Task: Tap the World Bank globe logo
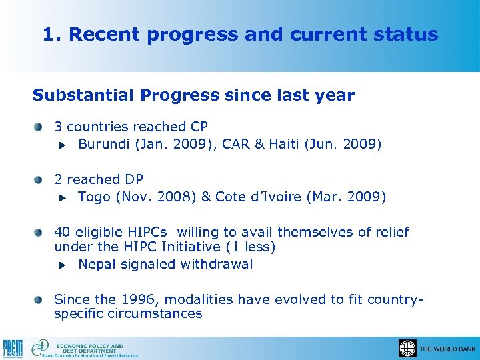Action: (407, 348)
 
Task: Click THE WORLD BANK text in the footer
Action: (447, 349)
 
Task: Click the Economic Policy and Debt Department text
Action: (90, 348)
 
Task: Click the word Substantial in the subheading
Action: (84, 95)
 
